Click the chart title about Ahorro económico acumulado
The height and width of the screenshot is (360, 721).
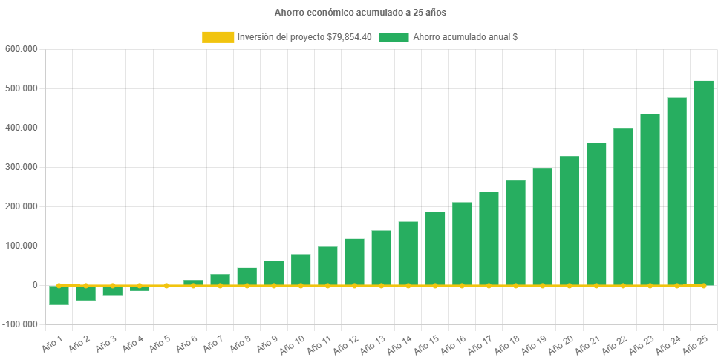tap(360, 13)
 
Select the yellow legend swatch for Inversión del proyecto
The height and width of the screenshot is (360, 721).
tap(218, 37)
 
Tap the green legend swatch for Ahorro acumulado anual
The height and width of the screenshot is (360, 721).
tap(394, 37)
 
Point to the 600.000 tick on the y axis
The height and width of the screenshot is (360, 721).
tap(21, 49)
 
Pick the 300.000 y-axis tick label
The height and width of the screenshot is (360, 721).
tap(21, 167)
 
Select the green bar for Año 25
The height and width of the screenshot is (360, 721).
tap(703, 183)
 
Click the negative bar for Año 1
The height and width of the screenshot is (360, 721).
tap(59, 295)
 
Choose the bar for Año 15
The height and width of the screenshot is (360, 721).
tap(435, 248)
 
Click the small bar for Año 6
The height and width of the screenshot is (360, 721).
tap(193, 282)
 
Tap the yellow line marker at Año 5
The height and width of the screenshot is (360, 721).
tap(166, 285)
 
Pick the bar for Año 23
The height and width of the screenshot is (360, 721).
tap(650, 199)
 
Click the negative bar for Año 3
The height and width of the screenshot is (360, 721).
tap(113, 291)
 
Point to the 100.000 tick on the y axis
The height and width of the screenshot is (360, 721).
tap(21, 246)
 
